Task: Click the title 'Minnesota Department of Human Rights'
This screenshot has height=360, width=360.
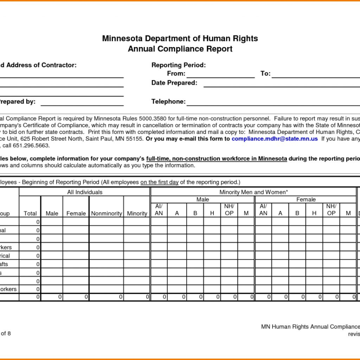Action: [180, 39]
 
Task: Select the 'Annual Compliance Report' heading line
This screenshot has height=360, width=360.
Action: [180, 49]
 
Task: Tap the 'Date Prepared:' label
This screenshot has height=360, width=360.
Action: [174, 83]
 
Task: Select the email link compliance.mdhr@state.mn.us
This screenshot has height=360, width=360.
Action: [275, 139]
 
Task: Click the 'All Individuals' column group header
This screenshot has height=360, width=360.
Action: [85, 192]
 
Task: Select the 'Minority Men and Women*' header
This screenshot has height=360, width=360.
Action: [253, 192]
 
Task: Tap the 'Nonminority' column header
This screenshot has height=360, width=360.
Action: [106, 213]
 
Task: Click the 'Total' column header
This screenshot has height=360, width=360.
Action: [30, 213]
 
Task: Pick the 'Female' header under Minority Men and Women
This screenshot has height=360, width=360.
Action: [306, 200]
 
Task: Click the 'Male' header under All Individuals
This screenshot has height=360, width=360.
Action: [52, 213]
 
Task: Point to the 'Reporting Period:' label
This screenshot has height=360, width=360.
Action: [179, 65]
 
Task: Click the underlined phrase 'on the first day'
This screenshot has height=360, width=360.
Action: [160, 182]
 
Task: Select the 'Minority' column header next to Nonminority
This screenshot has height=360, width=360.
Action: [137, 213]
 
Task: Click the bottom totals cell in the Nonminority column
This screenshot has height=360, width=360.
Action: [106, 297]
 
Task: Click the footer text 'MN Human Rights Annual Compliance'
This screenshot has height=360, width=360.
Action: [310, 327]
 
